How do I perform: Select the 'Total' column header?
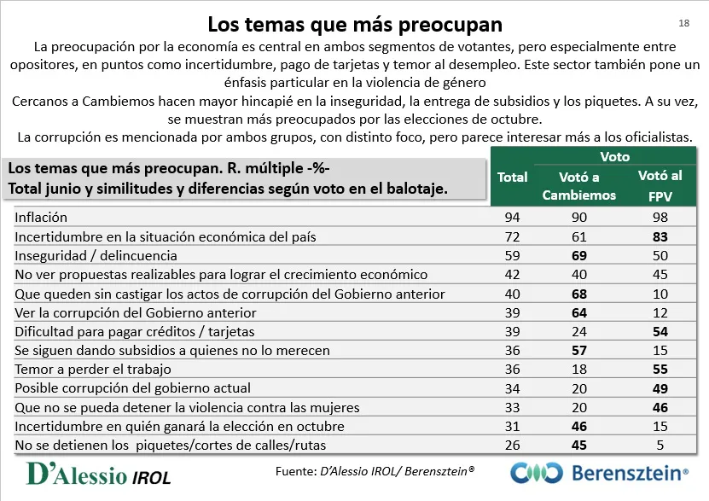(512, 178)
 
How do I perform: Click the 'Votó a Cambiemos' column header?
(578, 185)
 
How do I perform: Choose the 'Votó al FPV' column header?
(660, 184)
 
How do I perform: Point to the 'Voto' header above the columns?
(615, 156)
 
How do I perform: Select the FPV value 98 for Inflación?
(660, 218)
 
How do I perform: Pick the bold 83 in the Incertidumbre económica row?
(660, 236)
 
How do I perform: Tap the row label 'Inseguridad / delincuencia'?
(96, 255)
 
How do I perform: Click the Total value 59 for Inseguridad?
(512, 255)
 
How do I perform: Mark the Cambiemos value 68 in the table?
(579, 294)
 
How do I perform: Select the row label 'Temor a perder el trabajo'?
(93, 370)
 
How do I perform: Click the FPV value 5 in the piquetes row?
(660, 445)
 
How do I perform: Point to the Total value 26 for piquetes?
(512, 445)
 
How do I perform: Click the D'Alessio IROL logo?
(99, 475)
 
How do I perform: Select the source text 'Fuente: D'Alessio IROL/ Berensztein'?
(375, 471)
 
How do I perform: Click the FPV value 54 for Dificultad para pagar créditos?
(660, 331)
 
